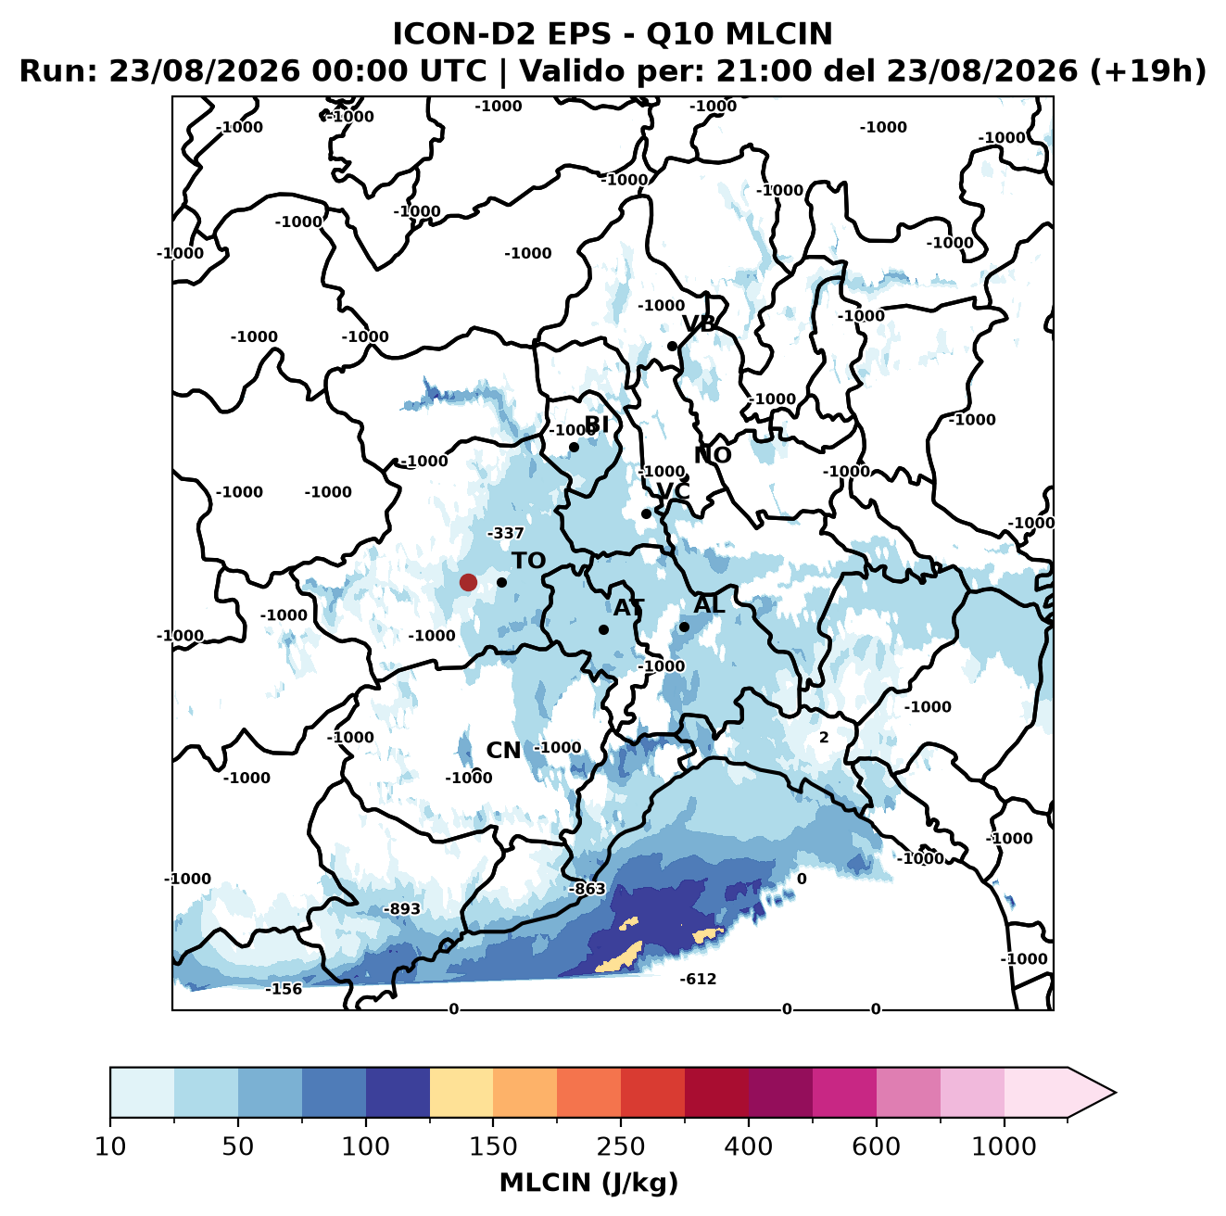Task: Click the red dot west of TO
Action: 468,582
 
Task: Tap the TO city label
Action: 529,561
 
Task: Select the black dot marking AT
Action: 603,629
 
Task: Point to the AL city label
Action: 709,604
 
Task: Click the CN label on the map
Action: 503,751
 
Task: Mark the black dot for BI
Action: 574,448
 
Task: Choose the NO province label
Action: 712,455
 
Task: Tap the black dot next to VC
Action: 646,513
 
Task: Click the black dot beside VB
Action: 672,346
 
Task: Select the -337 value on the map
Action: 506,533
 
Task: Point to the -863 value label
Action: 587,888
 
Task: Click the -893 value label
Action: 402,908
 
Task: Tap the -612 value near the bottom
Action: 698,979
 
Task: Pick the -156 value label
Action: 284,989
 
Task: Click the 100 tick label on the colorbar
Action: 366,1146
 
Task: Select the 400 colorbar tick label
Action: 748,1146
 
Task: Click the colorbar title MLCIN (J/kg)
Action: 588,1183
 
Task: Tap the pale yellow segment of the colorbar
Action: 461,1092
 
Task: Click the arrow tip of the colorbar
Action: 1116,1093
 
